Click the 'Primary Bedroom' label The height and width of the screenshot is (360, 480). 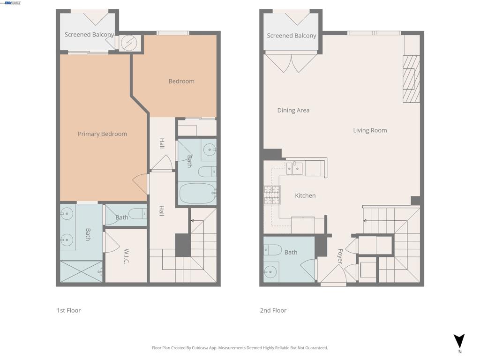tap(102, 134)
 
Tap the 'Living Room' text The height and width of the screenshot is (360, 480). tap(370, 130)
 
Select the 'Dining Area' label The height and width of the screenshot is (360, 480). tap(293, 111)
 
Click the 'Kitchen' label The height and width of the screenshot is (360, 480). tap(305, 195)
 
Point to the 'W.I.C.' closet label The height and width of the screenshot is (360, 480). tap(126, 256)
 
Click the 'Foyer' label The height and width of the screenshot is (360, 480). tap(340, 257)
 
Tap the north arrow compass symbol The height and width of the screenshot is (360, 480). tap(459, 341)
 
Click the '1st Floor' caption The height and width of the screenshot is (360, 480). tap(68, 310)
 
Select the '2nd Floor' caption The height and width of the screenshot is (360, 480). tap(273, 310)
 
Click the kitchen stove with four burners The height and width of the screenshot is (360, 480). tap(272, 195)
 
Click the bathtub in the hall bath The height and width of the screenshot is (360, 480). tap(197, 193)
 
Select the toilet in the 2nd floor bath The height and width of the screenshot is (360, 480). tap(272, 250)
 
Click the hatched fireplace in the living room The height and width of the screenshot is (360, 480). tap(411, 79)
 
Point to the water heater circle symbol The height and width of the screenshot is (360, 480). tap(127, 43)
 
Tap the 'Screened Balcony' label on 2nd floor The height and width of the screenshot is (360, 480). tap(291, 36)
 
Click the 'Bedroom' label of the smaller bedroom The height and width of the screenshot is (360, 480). tap(181, 81)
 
